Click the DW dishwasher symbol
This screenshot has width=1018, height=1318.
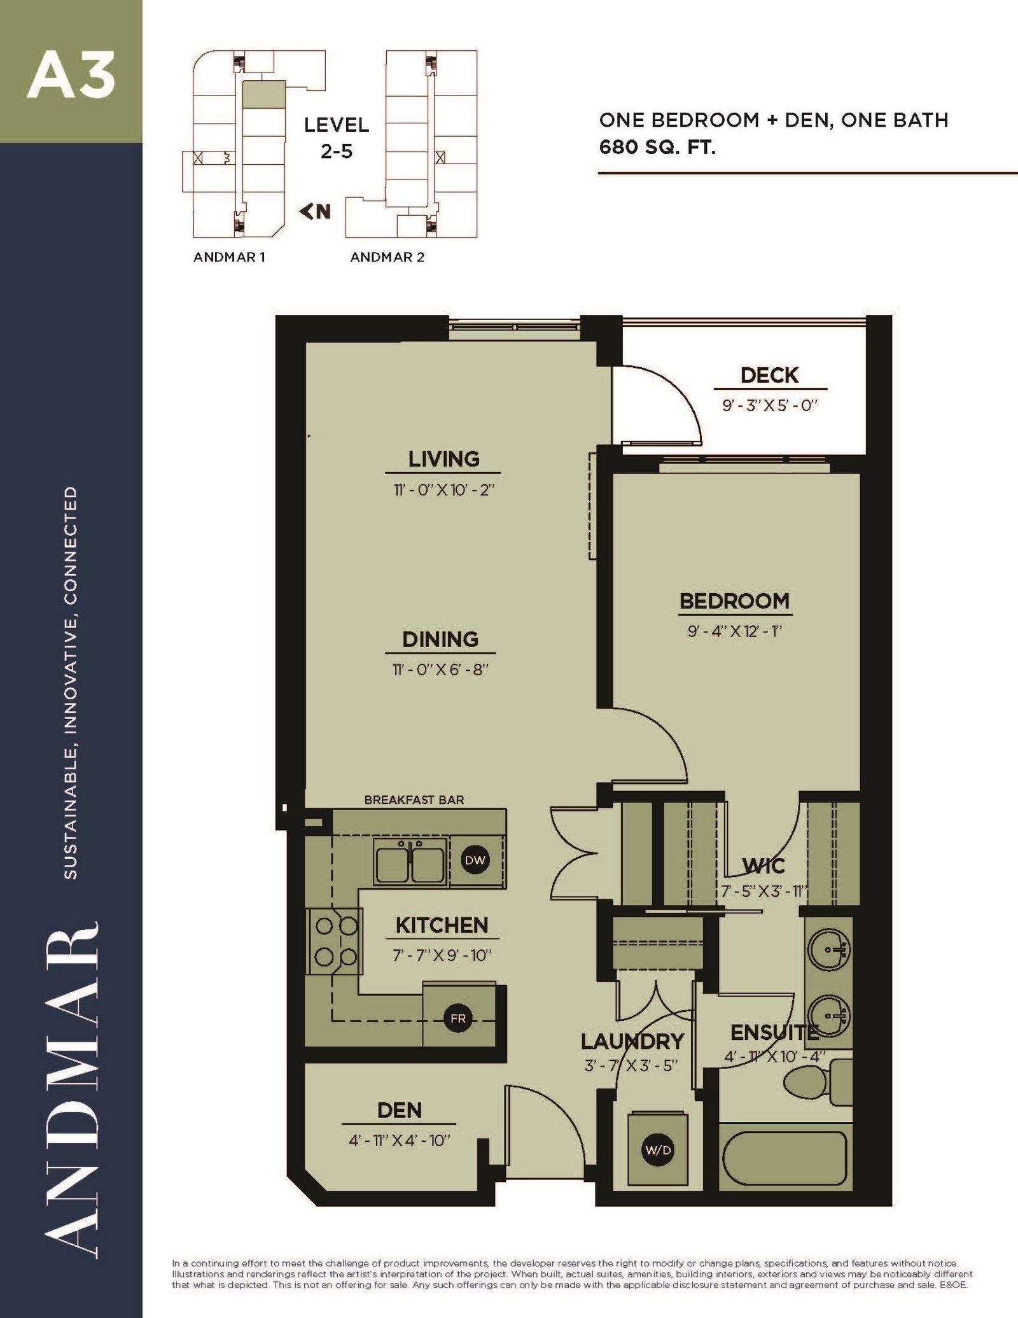click(475, 860)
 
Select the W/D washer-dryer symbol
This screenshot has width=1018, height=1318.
click(657, 1150)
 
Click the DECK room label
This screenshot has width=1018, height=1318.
click(769, 375)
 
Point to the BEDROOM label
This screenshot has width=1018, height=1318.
click(734, 601)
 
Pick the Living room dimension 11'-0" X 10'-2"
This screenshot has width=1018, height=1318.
click(443, 490)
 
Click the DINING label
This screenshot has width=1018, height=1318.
click(440, 639)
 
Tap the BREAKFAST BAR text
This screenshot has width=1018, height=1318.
click(414, 800)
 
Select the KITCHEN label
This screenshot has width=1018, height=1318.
click(442, 925)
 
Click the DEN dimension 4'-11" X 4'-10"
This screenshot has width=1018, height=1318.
click(400, 1141)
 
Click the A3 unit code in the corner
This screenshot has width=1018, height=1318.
click(71, 76)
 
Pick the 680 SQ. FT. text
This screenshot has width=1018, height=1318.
click(657, 148)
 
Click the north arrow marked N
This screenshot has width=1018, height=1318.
click(316, 211)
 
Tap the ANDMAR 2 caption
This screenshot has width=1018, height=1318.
click(387, 257)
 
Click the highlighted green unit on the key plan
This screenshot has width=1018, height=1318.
click(264, 94)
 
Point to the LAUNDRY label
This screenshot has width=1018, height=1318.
click(632, 1042)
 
